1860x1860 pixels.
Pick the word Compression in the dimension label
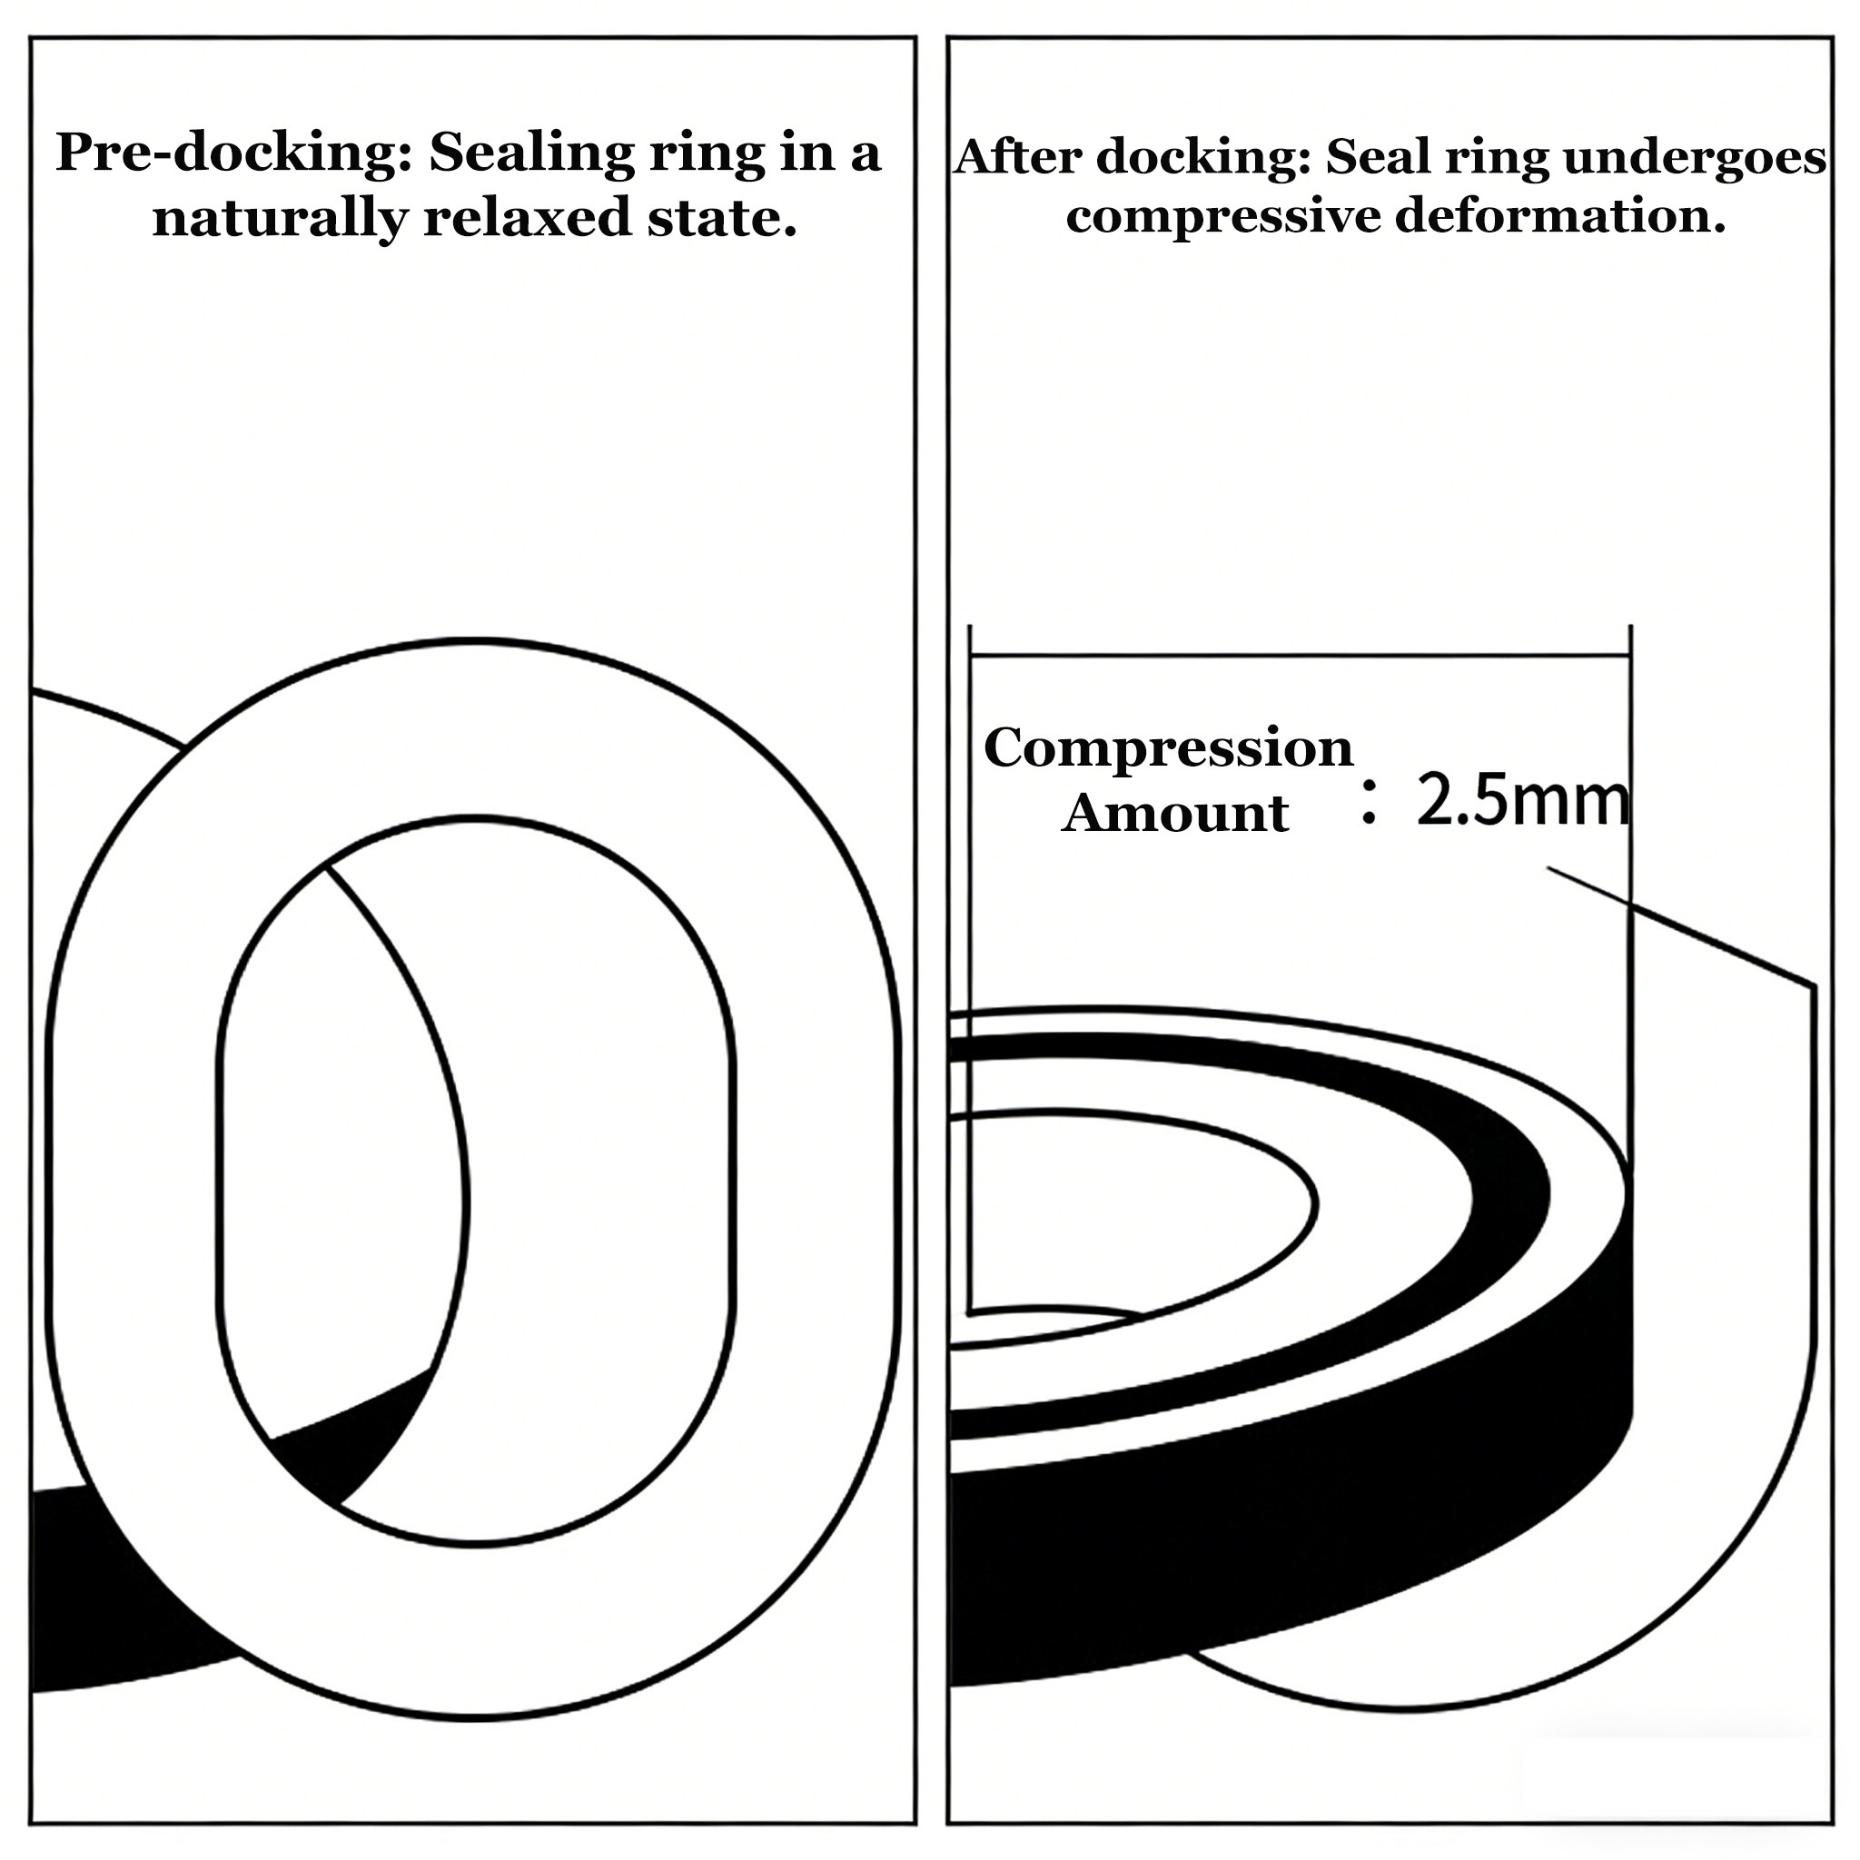pos(1168,748)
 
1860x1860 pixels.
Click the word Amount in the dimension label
pos(1174,813)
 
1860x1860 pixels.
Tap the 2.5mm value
pos(1523,801)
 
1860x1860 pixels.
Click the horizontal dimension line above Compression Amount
pos(1300,657)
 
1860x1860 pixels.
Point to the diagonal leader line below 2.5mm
pos(1681,926)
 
